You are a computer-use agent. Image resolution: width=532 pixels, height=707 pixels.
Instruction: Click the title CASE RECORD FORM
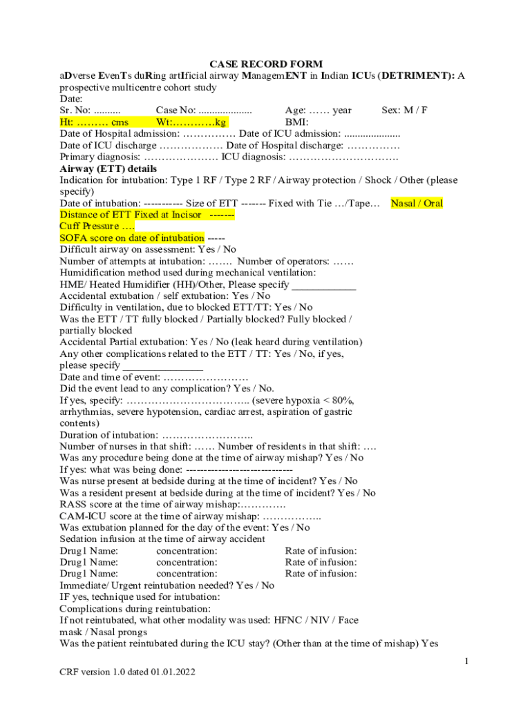[x=266, y=64]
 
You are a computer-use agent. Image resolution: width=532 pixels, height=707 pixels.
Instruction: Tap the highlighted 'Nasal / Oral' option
[x=417, y=203]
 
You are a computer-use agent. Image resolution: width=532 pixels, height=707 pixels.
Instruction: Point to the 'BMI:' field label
[x=297, y=122]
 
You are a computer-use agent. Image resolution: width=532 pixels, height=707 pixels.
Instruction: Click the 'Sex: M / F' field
[x=404, y=110]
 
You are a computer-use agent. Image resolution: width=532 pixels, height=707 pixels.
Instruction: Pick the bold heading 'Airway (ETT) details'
[x=108, y=168]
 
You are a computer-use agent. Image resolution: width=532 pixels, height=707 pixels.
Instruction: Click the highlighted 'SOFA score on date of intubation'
[x=132, y=238]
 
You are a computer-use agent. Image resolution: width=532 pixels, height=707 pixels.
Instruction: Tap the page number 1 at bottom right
[x=466, y=662]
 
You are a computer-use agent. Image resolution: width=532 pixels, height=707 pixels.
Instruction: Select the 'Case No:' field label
[x=175, y=110]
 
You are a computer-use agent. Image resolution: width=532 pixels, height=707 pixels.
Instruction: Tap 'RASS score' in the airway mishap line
[x=87, y=504]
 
